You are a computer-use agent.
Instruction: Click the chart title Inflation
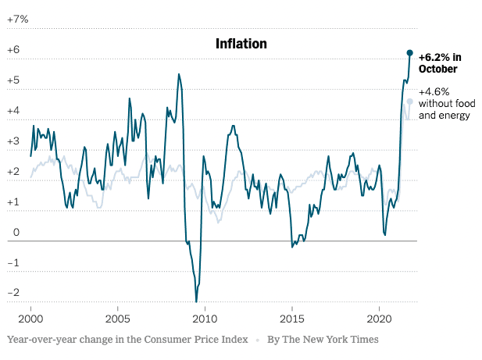coord(241,44)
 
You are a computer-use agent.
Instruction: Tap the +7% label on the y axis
coord(17,19)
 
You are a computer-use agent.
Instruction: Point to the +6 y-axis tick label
coord(14,50)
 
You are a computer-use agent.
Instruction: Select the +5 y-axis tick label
coord(14,80)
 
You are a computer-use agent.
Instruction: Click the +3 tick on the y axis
coord(14,141)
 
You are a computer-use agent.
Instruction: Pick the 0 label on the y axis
coord(16,233)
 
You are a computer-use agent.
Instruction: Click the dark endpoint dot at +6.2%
coord(409,52)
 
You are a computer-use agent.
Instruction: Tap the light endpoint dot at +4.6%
coord(410,102)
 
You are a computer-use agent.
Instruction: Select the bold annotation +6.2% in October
coord(440,62)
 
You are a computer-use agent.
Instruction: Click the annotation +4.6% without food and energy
coord(445,103)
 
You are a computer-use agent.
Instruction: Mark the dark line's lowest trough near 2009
coord(196,301)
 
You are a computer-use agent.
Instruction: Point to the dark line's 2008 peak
coord(179,74)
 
